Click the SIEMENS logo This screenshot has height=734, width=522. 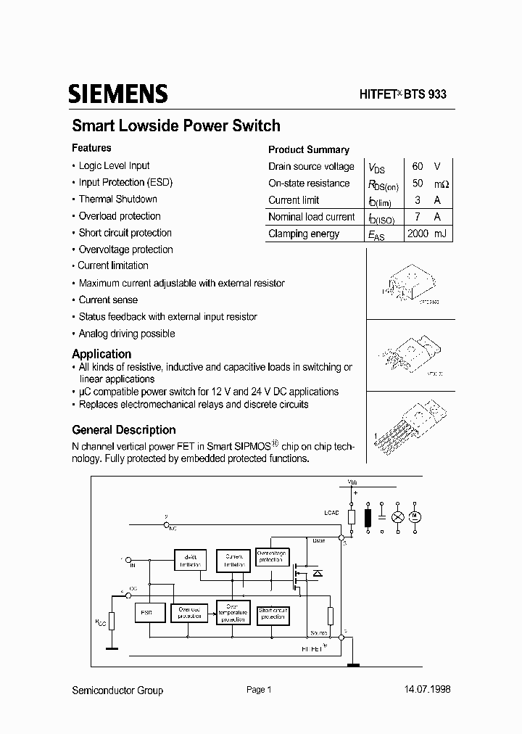point(118,94)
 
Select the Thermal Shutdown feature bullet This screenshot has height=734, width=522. point(117,199)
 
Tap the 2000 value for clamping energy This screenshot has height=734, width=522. point(418,234)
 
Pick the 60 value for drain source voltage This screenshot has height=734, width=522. point(418,166)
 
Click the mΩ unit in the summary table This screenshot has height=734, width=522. point(441,183)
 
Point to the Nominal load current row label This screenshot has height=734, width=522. point(312,217)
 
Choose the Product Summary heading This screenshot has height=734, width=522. point(309,149)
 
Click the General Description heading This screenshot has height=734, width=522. point(124,429)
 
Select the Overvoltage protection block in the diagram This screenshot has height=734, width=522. point(272,557)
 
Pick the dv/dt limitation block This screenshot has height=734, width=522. point(191,560)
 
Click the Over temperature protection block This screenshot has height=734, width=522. point(232,613)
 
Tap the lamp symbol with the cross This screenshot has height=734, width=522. point(397,516)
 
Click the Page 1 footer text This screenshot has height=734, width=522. point(259,690)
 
